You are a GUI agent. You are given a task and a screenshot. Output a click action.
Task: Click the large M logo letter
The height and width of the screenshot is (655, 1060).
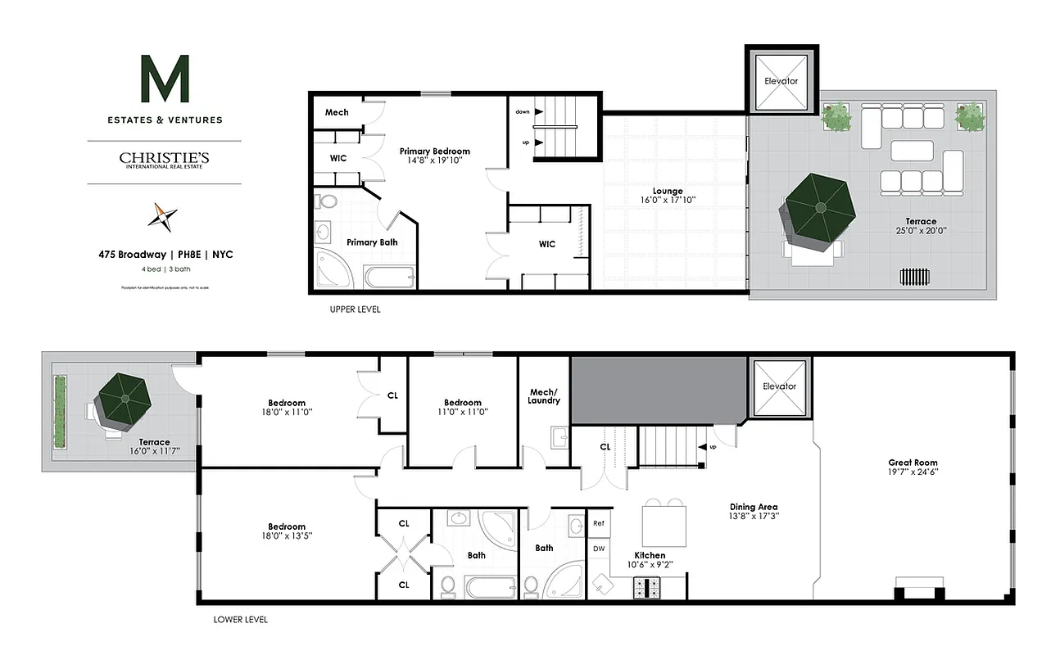pos(165,79)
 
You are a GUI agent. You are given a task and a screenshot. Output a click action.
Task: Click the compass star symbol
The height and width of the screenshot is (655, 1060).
pos(162,217)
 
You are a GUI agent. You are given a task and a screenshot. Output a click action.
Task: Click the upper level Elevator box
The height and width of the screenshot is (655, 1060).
pos(781,81)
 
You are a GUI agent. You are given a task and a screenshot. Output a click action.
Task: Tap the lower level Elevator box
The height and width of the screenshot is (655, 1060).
pos(779,386)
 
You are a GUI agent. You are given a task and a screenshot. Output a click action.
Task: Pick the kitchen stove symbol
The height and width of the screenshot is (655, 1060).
pos(646,587)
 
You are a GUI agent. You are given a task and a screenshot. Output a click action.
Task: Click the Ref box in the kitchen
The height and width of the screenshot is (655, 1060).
pos(599,523)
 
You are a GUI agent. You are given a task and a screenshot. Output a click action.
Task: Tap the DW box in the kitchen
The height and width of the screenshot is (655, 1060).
pos(599,549)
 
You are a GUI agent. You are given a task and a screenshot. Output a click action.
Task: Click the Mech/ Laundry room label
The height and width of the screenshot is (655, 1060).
pos(544,396)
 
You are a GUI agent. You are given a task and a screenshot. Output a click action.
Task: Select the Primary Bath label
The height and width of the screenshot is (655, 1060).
pos(372,242)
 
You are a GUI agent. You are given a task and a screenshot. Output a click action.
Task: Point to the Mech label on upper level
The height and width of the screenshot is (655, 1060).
pos(337,112)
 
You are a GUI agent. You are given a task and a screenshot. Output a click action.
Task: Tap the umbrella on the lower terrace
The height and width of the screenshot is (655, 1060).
pos(124,399)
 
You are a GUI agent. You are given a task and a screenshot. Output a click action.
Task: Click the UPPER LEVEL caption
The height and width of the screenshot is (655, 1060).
pos(355,310)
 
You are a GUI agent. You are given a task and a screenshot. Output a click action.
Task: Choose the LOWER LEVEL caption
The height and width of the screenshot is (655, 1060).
pos(240,620)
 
